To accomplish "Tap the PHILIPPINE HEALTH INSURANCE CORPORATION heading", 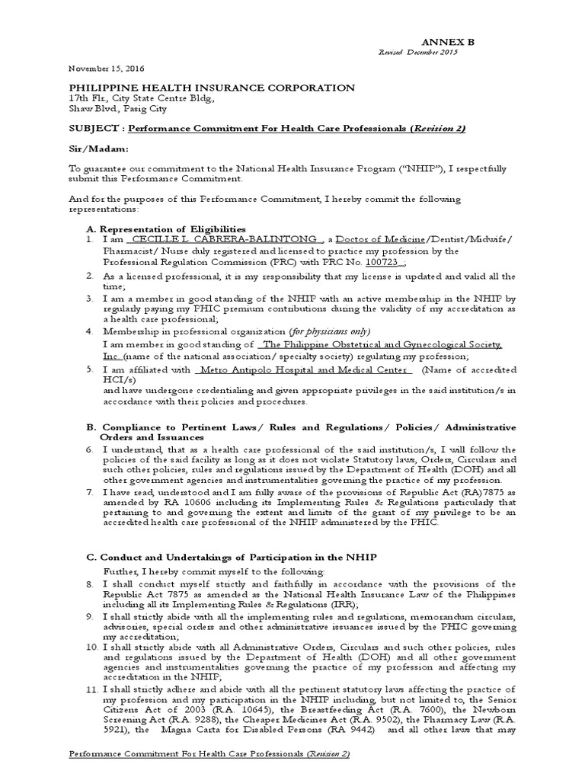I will [x=213, y=88].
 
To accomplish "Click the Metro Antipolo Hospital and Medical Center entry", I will [x=303, y=370].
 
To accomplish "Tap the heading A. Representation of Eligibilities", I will [x=167, y=229].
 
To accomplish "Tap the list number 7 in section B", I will [x=90, y=493].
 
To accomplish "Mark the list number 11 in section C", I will [x=91, y=689].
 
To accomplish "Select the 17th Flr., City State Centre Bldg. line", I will [x=142, y=98].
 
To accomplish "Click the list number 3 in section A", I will [x=90, y=299].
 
